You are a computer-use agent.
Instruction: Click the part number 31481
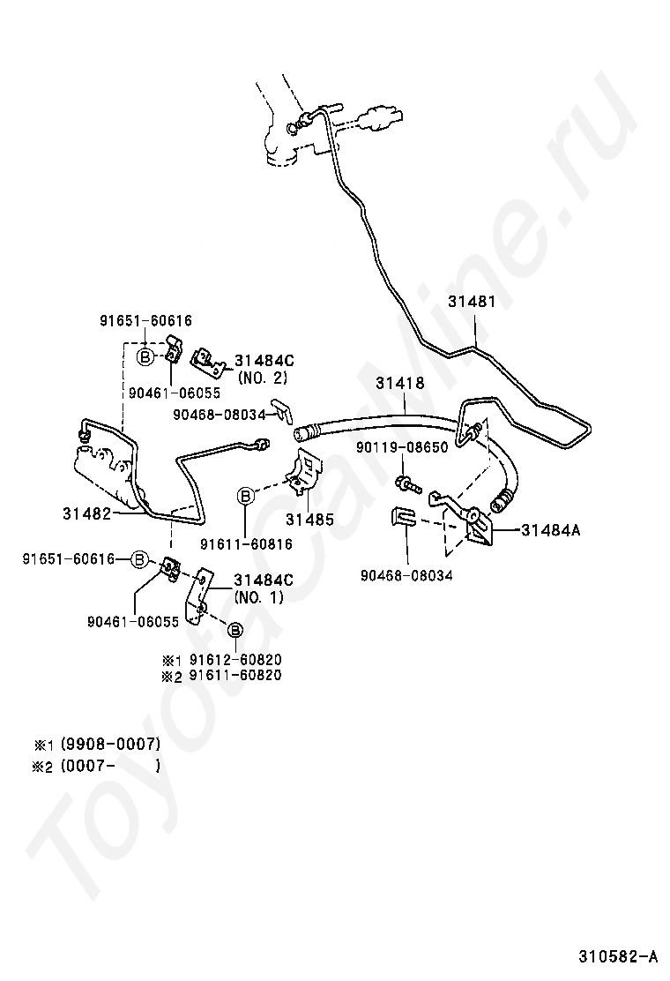[472, 302]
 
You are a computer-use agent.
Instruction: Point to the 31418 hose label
[400, 384]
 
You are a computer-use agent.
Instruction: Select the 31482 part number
[86, 512]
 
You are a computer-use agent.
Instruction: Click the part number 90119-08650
[402, 447]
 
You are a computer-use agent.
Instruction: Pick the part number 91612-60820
[234, 659]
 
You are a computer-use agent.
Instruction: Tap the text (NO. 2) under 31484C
[263, 377]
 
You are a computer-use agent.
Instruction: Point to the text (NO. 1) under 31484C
[259, 596]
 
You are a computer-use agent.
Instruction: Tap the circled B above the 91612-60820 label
[235, 630]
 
